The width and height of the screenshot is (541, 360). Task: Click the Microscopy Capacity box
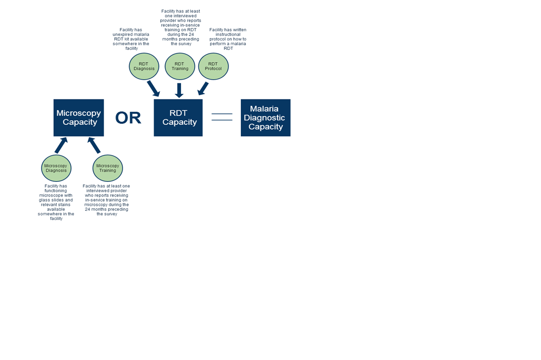pos(79,118)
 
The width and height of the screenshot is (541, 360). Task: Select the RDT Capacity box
pos(178,118)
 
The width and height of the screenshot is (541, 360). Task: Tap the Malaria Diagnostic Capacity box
pos(265,118)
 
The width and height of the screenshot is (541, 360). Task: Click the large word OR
pos(128,118)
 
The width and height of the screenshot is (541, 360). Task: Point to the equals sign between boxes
pos(222,117)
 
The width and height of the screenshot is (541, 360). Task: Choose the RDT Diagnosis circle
pos(144,66)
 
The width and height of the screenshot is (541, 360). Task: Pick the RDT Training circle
pos(180,66)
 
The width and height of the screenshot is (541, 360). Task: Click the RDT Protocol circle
pos(213,66)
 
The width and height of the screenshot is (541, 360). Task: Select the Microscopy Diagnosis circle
pos(56,168)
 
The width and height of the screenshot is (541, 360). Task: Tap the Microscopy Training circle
pos(107,168)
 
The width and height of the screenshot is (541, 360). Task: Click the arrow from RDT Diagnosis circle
pos(154,88)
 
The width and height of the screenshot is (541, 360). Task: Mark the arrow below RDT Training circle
pos(179,90)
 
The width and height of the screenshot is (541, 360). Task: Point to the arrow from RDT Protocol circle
pos(203,89)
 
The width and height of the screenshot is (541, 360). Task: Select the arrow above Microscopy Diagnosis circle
pos(61,145)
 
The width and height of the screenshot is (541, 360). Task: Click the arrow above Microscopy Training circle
pos(94,145)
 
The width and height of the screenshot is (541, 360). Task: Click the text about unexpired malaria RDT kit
pos(131,39)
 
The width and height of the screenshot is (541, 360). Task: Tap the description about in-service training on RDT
pos(180,27)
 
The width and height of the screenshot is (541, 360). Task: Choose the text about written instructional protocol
pos(228,39)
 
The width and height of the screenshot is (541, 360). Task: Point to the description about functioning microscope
pos(56,202)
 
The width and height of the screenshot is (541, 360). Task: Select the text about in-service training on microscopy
pos(107,200)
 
